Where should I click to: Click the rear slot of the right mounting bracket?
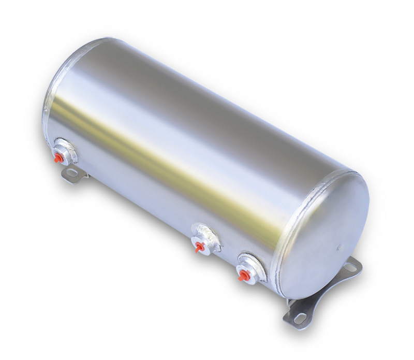click(x=350, y=268)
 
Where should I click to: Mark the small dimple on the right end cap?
click(x=339, y=248)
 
